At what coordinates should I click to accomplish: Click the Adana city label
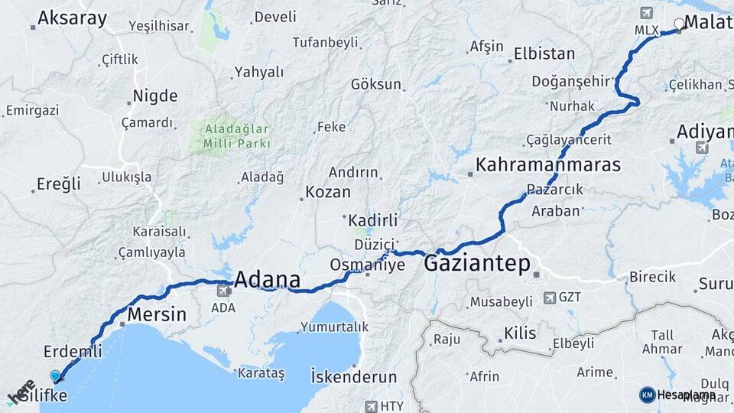[267, 279]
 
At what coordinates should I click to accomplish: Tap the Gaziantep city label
[476, 264]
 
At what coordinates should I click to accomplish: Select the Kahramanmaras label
[547, 164]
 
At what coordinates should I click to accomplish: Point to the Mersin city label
[156, 314]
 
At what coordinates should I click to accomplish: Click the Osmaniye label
[356, 264]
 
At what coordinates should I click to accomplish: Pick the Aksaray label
[72, 18]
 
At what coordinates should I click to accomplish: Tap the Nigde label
[155, 96]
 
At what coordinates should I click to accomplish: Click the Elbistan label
[544, 54]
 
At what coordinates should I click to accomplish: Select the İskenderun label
[354, 377]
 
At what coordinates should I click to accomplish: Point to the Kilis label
[520, 333]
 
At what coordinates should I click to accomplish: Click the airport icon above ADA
[225, 291]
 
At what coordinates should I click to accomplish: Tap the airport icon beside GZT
[550, 297]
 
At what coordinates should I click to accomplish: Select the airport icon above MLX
[647, 14]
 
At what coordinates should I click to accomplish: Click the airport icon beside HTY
[372, 406]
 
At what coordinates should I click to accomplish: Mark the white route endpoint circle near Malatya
[678, 23]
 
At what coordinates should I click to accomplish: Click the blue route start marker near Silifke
[55, 376]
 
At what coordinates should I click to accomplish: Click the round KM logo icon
[647, 395]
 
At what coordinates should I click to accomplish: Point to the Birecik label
[652, 277]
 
